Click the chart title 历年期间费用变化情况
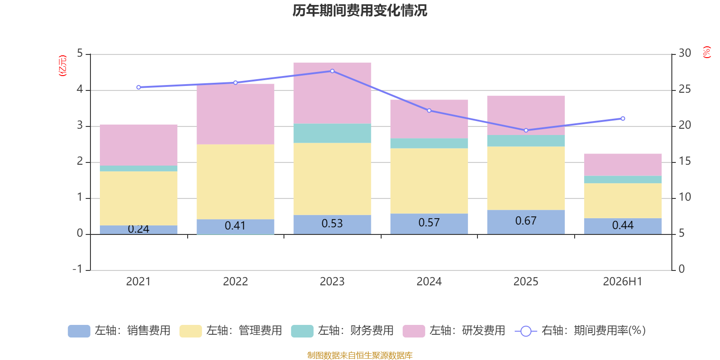click(360, 11)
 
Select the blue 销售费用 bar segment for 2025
click(526, 222)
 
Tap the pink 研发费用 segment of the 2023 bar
click(333, 93)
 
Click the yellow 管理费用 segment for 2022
click(235, 182)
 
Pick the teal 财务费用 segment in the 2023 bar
click(333, 133)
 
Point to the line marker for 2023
click(333, 71)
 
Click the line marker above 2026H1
click(623, 119)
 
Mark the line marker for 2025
click(526, 130)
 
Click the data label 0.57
click(429, 222)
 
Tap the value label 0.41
click(235, 225)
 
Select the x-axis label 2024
click(429, 282)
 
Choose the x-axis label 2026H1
click(623, 282)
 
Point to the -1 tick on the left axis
click(77, 269)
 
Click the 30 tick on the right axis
click(685, 53)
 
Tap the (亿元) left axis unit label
click(63, 66)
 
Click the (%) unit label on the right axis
click(707, 52)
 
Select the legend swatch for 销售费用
click(79, 331)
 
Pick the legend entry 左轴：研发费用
click(454, 331)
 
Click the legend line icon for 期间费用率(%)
click(526, 331)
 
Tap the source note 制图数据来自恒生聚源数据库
click(360, 355)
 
